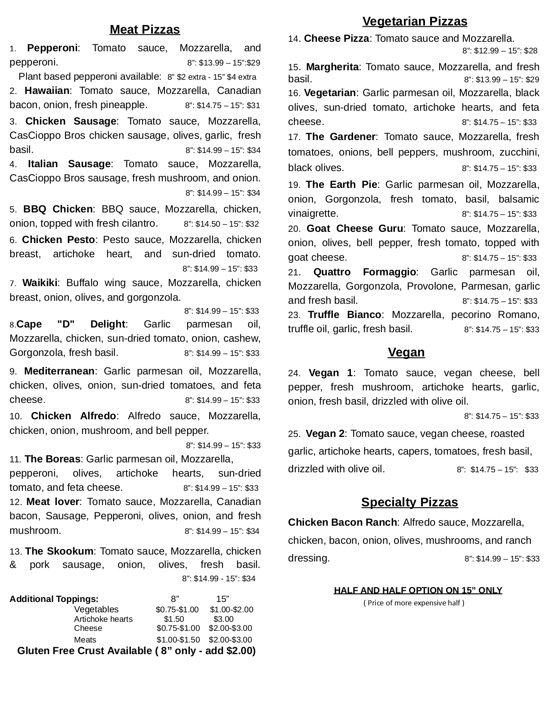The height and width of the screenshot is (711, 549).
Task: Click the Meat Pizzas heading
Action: (145, 30)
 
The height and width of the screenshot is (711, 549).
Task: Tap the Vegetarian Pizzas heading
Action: (415, 22)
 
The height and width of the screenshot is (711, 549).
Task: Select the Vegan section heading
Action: (406, 352)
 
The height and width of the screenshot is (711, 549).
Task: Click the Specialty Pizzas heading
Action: (409, 502)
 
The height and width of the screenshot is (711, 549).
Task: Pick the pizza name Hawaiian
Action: (47, 91)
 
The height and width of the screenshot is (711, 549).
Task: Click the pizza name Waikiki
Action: (40, 283)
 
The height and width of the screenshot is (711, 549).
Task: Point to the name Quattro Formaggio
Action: (364, 272)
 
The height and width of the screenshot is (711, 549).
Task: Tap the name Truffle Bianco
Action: (344, 315)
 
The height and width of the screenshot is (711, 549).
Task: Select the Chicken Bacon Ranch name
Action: (342, 523)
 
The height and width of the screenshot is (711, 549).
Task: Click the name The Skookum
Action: (59, 552)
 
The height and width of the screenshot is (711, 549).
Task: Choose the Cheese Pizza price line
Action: (499, 51)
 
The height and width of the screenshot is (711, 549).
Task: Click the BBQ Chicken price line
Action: (221, 224)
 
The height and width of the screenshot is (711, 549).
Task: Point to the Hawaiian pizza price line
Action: (222, 106)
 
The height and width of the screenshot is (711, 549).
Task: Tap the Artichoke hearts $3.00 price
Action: (223, 619)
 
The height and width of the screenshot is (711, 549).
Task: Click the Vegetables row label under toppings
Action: (96, 610)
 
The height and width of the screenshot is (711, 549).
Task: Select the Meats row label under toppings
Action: (85, 640)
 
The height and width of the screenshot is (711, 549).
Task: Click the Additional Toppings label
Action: (54, 599)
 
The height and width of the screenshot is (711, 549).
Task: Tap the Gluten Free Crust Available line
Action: (136, 651)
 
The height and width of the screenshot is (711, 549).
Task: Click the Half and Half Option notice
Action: (418, 590)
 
